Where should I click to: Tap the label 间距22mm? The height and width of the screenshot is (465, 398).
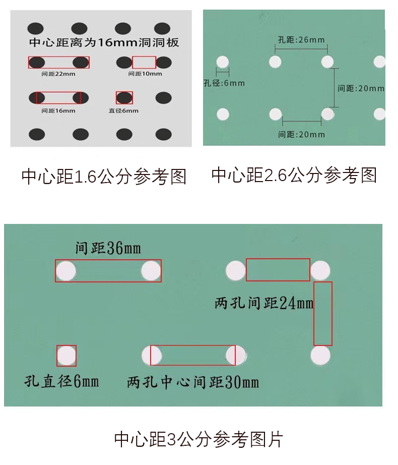58,74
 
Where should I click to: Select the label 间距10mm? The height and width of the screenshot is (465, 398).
145,74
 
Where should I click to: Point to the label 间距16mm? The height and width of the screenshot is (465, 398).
58,110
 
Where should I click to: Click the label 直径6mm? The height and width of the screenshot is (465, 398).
123,110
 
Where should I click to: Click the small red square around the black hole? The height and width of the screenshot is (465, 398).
124,97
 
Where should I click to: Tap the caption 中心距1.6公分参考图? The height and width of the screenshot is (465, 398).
104,177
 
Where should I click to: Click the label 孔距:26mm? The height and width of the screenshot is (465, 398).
301,39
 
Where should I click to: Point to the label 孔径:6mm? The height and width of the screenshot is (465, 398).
224,83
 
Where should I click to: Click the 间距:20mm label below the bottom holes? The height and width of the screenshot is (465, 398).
301,134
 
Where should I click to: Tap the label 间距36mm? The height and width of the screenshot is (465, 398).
107,248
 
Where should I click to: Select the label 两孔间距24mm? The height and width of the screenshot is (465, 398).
263,303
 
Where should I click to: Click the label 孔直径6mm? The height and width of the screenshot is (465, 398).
61,381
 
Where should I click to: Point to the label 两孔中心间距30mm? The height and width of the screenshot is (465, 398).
193,382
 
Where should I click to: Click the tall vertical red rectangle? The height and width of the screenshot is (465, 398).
323,313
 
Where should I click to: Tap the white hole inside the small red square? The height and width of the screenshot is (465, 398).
66,356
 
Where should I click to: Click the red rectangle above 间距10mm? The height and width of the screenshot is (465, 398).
144,62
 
